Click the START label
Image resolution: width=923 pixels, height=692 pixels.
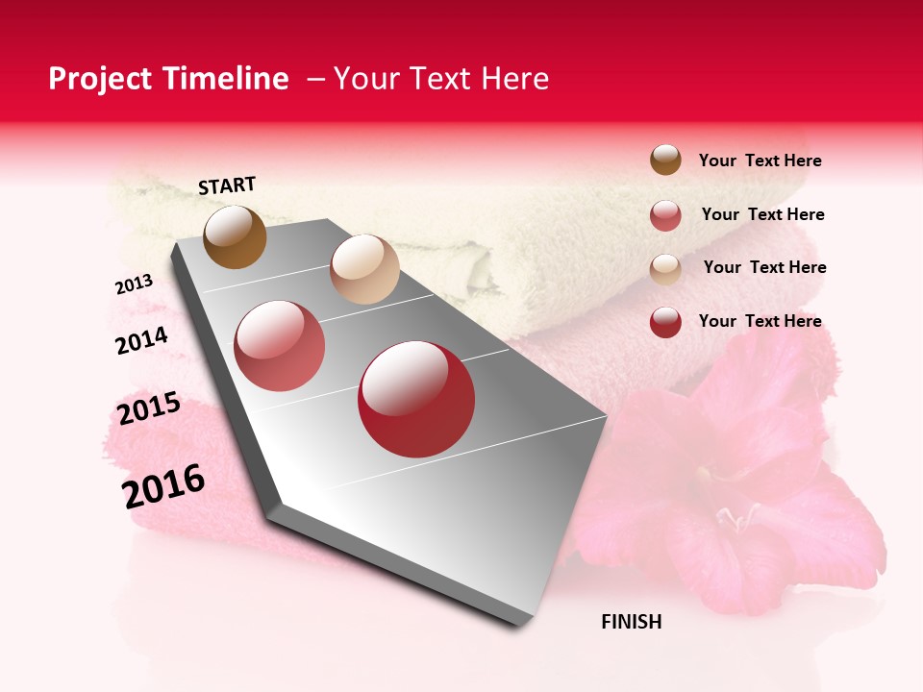pos(227,185)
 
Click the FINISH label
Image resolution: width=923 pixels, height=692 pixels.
pos(631,622)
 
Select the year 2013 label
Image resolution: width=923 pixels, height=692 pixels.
pos(134,284)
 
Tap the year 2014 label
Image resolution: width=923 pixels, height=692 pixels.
pos(141,340)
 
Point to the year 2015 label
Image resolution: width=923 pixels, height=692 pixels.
pos(149,408)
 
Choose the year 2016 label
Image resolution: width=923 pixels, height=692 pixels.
pos(163,485)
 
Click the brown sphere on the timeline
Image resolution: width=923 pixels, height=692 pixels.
pos(235,236)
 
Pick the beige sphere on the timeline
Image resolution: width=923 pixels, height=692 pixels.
pos(364,269)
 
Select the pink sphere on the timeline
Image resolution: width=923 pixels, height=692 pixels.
pos(280,346)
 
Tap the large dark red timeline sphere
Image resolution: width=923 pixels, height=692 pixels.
pos(416,399)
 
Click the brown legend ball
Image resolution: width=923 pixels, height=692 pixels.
pos(665,160)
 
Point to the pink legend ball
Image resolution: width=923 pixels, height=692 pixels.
pos(665,215)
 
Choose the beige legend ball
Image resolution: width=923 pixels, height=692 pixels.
pos(665,268)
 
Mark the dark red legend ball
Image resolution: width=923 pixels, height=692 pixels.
pos(665,321)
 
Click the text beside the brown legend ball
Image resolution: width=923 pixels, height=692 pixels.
pos(760,161)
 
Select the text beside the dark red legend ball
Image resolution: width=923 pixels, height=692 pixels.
pos(760,321)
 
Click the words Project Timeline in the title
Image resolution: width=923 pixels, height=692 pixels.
pos(168,79)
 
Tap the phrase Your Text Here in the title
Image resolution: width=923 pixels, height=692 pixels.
pos(440,79)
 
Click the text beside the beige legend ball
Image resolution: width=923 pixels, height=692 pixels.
pos(764,267)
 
